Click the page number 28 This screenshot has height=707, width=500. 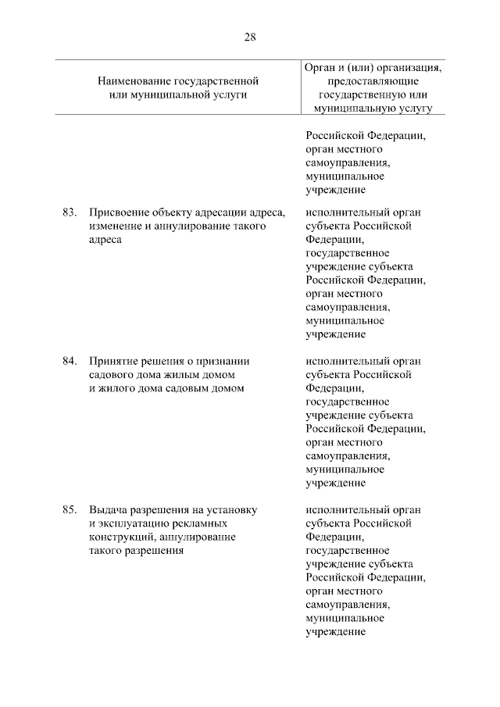click(250, 37)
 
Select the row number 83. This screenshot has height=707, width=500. click(69, 212)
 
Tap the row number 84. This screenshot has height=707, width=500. click(69, 361)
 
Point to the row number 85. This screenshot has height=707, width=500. click(69, 509)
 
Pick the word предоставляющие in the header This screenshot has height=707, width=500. click(370, 80)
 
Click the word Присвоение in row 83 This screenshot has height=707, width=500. click(116, 212)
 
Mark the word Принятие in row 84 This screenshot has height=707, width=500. click(113, 361)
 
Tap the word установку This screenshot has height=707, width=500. click(232, 509)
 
